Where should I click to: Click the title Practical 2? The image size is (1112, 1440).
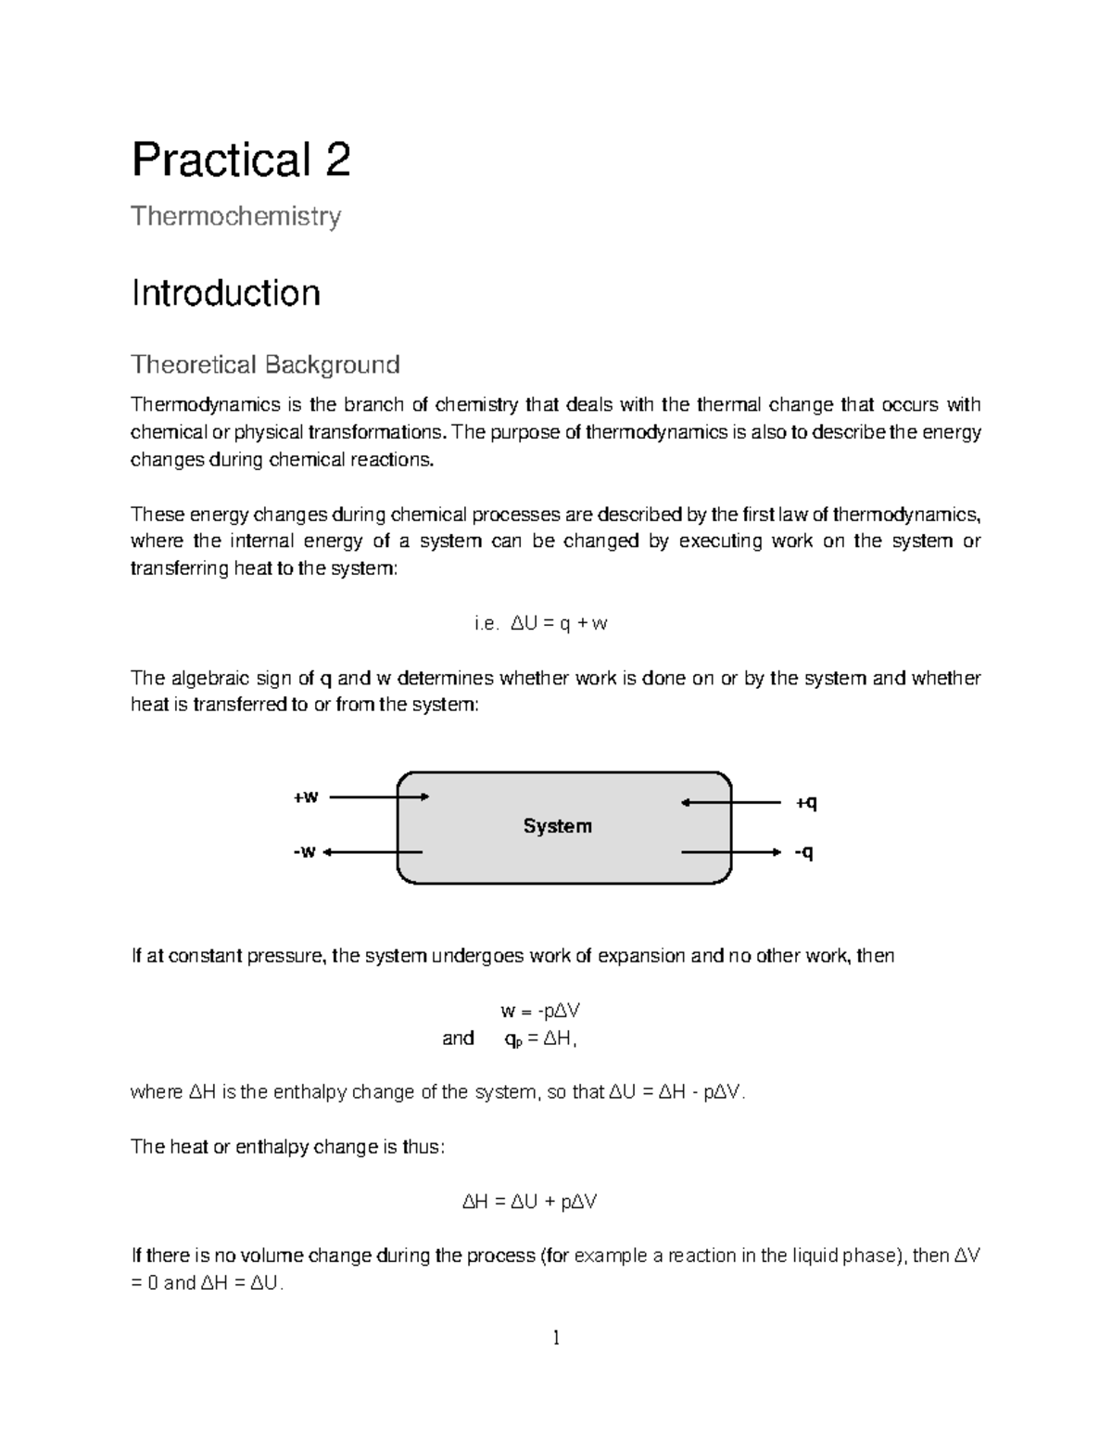(x=241, y=159)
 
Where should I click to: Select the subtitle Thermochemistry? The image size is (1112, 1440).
(x=235, y=217)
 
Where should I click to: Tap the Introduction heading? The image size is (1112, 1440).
(x=225, y=293)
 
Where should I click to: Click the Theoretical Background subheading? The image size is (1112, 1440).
(x=265, y=364)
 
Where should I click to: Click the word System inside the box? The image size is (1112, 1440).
(x=557, y=826)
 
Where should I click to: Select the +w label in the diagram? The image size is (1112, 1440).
(x=306, y=797)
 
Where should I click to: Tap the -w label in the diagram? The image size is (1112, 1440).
(x=303, y=852)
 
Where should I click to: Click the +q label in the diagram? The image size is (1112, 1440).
(x=806, y=802)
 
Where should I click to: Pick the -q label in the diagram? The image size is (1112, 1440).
(x=803, y=852)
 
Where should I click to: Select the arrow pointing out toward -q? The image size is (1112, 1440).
(x=732, y=851)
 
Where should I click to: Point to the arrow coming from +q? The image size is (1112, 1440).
(x=732, y=802)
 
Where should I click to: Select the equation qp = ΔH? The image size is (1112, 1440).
(x=540, y=1039)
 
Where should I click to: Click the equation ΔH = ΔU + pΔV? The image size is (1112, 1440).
(x=529, y=1203)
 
